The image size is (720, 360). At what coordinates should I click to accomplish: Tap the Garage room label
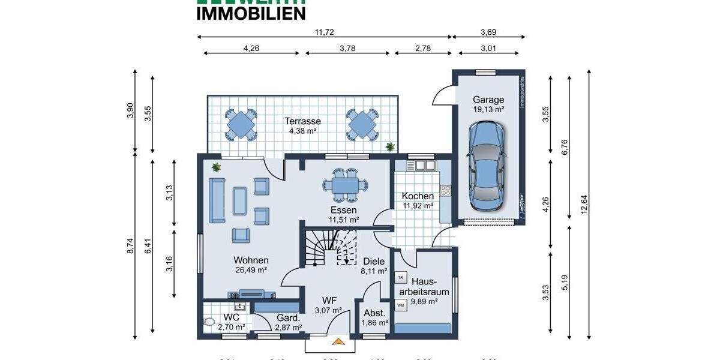point(488,100)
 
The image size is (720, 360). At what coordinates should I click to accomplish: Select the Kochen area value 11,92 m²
point(418,206)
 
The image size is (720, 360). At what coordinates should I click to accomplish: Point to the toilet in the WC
point(209,322)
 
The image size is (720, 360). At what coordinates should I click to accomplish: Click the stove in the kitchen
point(445,191)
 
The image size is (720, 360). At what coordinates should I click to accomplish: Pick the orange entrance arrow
point(339,343)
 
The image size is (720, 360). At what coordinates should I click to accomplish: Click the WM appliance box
point(400,305)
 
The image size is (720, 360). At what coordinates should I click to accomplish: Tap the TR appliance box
point(400,277)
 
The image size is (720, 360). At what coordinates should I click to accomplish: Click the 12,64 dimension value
point(584,206)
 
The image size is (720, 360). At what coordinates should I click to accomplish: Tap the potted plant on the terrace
point(391,146)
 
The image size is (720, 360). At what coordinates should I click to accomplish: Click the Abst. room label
point(374,313)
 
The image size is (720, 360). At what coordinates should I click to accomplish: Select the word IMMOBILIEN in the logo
point(251,12)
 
